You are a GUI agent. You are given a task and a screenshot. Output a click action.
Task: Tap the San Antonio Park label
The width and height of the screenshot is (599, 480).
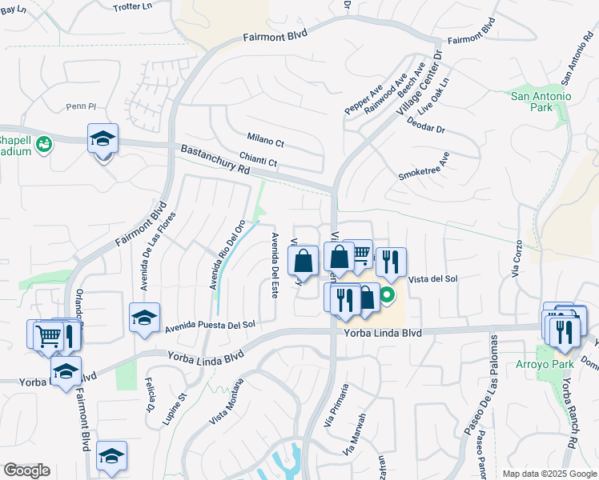[541, 103]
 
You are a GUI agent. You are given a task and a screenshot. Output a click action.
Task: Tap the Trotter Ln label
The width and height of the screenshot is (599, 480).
[133, 6]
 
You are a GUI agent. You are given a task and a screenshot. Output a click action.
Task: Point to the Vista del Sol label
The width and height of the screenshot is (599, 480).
[432, 278]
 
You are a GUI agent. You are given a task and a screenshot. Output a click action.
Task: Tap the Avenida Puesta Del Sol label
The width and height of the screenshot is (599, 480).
[210, 326]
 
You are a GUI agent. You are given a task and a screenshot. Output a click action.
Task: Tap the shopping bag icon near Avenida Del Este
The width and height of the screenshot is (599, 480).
[304, 262]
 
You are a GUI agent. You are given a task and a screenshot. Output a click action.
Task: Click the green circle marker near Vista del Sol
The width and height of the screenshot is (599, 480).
[387, 296]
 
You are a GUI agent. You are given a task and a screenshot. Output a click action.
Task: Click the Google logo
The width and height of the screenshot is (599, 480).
[26, 470]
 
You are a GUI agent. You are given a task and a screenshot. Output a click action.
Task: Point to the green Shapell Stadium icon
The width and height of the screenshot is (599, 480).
[44, 145]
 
